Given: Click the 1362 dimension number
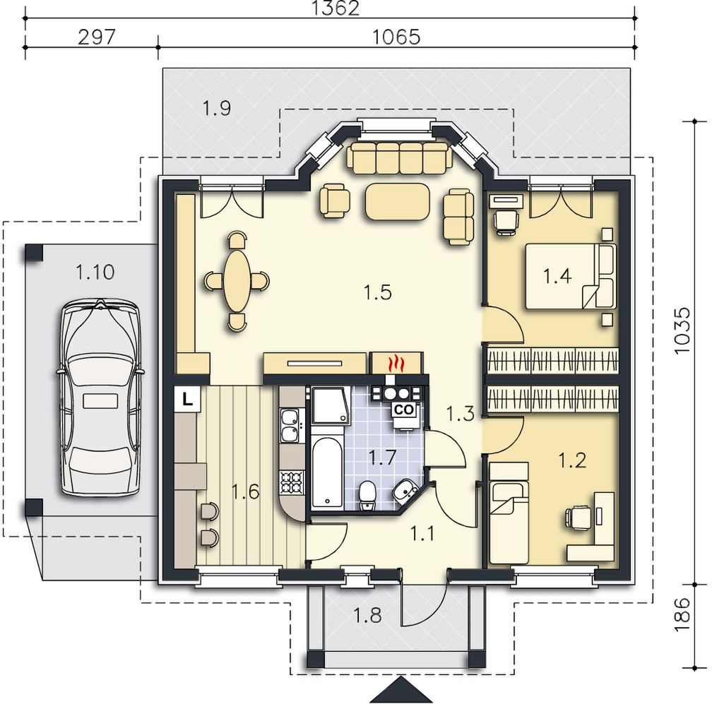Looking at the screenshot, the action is coord(337,8).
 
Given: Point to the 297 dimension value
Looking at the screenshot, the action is coord(97,37).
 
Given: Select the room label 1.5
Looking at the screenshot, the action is coord(377,293).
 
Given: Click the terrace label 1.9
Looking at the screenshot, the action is coord(217,109).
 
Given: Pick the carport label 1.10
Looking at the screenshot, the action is coord(95,273).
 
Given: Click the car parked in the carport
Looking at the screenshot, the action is coord(100,398).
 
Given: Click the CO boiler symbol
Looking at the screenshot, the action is coord(404,410).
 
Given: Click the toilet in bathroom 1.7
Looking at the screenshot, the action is coord(367,496).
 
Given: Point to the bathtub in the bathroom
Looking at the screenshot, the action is coord(328,472).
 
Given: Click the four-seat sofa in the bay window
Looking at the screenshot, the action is coord(398,157).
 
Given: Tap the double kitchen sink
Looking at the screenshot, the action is coord(290,425).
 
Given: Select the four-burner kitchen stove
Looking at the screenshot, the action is coord(292,482).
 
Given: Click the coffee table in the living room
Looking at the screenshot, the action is coord(397,202).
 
